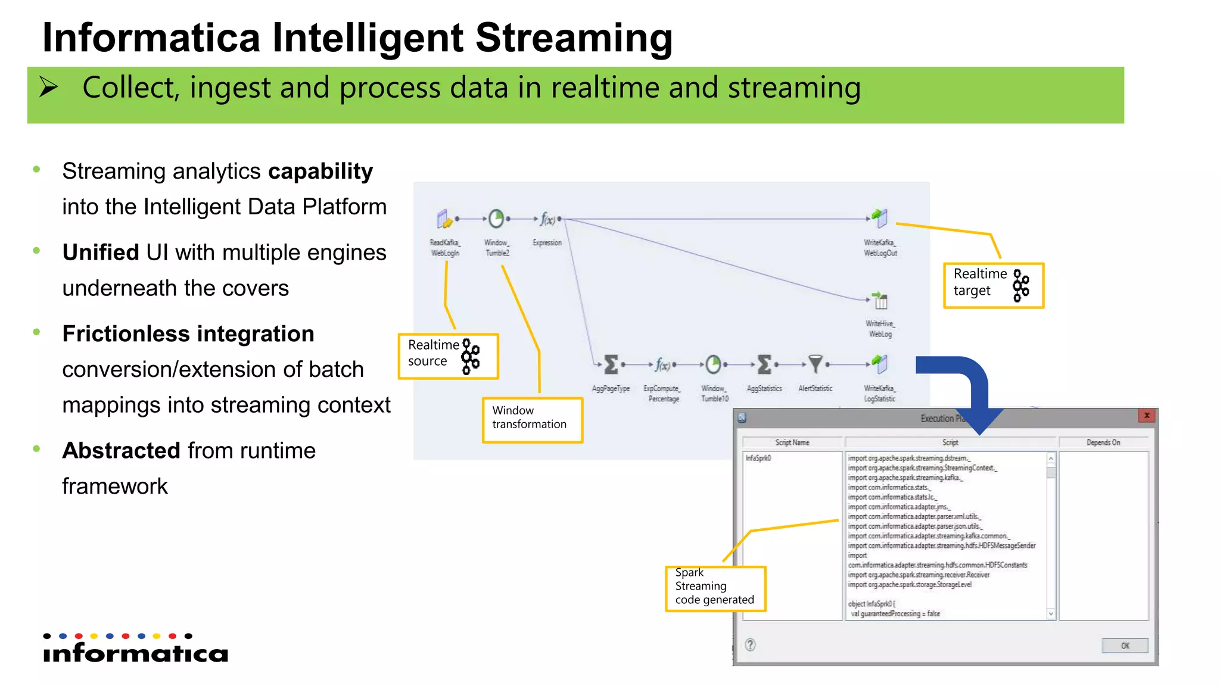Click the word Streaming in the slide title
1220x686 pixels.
click(x=574, y=38)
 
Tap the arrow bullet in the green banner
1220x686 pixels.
click(x=49, y=88)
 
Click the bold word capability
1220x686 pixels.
click(x=320, y=171)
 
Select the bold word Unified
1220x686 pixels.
click(x=101, y=252)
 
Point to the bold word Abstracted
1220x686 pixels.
click(x=122, y=451)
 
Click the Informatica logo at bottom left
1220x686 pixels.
click(x=135, y=649)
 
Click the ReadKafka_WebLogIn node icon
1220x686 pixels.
click(x=444, y=219)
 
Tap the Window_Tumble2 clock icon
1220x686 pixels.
click(x=496, y=219)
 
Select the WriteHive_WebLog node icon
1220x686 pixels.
click(x=880, y=301)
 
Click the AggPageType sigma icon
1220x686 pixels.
click(x=611, y=364)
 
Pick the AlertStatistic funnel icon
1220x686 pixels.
click(x=815, y=363)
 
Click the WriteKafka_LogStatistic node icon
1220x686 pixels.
click(x=879, y=363)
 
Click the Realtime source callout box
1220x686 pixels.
click(x=448, y=356)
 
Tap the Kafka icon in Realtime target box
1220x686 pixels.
click(x=1021, y=285)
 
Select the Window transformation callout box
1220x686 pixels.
click(x=532, y=420)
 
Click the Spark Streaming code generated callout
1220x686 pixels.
click(x=715, y=588)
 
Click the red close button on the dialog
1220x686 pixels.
click(x=1146, y=416)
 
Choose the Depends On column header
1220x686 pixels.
click(x=1103, y=442)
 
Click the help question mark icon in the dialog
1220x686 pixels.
click(x=751, y=644)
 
